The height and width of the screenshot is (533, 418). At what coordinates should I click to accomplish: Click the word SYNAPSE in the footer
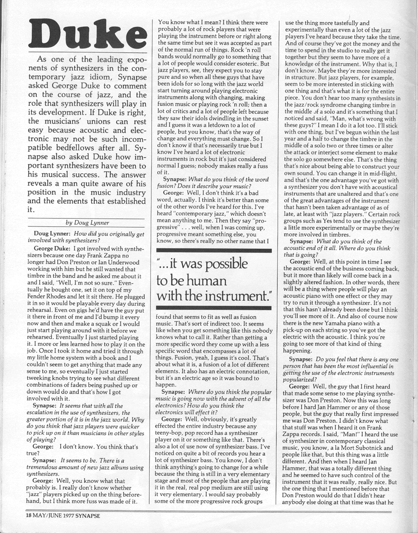(x=87, y=515)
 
